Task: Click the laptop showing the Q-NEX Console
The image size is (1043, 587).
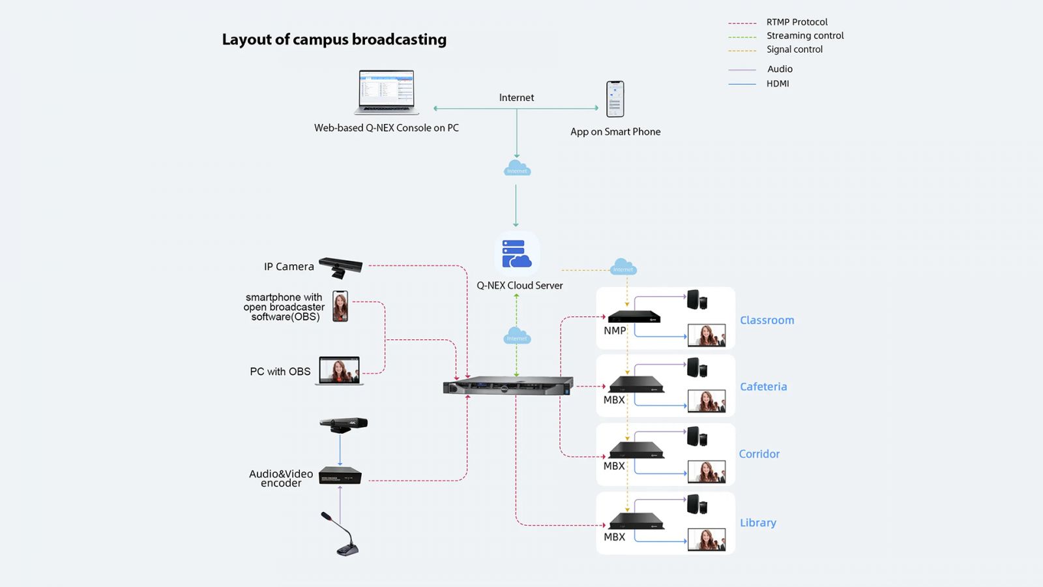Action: click(x=387, y=92)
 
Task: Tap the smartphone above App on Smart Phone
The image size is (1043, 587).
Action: click(x=615, y=99)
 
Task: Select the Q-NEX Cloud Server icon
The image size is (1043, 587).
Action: click(x=517, y=254)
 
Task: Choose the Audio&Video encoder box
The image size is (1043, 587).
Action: click(x=340, y=476)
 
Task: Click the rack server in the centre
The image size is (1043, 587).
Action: click(x=508, y=385)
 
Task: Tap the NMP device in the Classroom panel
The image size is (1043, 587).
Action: click(x=634, y=316)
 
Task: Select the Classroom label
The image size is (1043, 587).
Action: click(x=767, y=320)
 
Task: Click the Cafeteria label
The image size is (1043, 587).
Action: click(x=763, y=387)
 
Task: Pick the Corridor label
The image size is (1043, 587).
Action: click(x=759, y=454)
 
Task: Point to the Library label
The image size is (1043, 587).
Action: click(x=757, y=523)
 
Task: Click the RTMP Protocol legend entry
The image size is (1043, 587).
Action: click(x=797, y=22)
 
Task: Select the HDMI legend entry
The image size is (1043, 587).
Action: click(x=778, y=83)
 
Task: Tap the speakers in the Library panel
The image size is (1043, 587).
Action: click(x=697, y=504)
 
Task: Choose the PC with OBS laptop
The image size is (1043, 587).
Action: click(x=339, y=370)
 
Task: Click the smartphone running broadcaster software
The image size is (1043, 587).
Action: click(x=340, y=307)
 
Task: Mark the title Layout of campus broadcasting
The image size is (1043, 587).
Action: click(x=334, y=40)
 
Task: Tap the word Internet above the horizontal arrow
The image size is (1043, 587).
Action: click(x=516, y=98)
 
